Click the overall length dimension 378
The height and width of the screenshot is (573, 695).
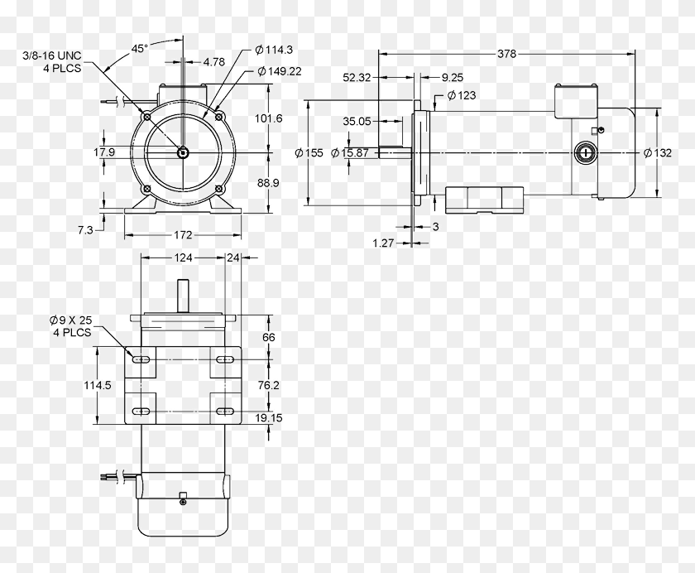pyautogui.click(x=507, y=54)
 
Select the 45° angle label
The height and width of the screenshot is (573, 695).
pyautogui.click(x=139, y=49)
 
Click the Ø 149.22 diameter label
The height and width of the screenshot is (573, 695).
pyautogui.click(x=279, y=71)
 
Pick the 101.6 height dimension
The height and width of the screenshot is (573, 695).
pyautogui.click(x=268, y=118)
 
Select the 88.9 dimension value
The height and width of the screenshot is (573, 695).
pyautogui.click(x=268, y=182)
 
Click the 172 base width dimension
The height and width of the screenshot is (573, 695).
pyautogui.click(x=183, y=236)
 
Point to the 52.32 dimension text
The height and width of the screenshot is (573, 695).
pyautogui.click(x=358, y=77)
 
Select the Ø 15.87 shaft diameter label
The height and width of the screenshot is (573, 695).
pyautogui.click(x=350, y=152)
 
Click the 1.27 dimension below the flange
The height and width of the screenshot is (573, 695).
pyautogui.click(x=382, y=243)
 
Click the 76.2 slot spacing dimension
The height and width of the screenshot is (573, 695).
pyautogui.click(x=269, y=386)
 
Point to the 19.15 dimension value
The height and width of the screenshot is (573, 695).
pyautogui.click(x=269, y=418)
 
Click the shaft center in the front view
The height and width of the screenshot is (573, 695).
pyautogui.click(x=181, y=152)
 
